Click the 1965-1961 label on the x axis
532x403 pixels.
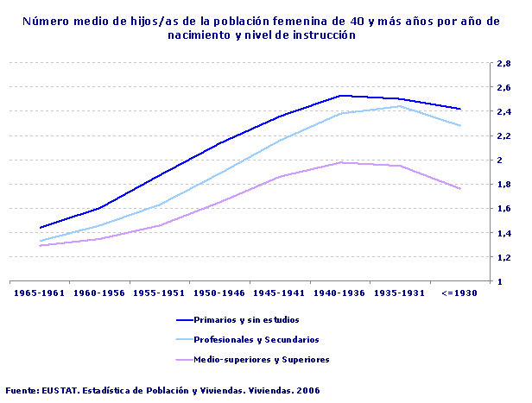point(40,293)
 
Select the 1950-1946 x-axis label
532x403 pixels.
point(220,293)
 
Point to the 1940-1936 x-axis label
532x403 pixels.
point(339,293)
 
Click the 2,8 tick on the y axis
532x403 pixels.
point(503,63)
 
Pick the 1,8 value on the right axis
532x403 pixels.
point(503,184)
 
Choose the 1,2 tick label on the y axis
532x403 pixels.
point(503,257)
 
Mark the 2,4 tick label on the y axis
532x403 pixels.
point(503,111)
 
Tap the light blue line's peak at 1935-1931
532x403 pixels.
point(400,106)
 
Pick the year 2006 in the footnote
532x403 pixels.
point(307,391)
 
